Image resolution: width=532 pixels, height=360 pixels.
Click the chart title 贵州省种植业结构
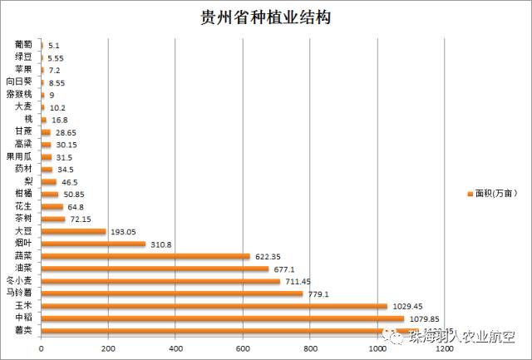click(x=266, y=17)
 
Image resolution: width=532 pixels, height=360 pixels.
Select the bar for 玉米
click(x=214, y=306)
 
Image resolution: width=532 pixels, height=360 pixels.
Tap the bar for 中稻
click(x=222, y=318)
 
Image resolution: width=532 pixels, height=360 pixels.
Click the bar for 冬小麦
click(x=160, y=281)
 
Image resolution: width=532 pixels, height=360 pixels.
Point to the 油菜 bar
click(x=154, y=269)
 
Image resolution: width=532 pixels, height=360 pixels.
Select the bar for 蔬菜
click(x=145, y=256)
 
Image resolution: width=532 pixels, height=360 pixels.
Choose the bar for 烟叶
click(x=92, y=244)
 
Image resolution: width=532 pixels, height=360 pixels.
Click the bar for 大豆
click(x=73, y=231)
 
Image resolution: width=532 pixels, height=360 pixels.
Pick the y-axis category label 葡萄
click(x=24, y=45)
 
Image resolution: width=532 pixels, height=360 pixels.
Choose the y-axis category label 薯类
click(x=24, y=331)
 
